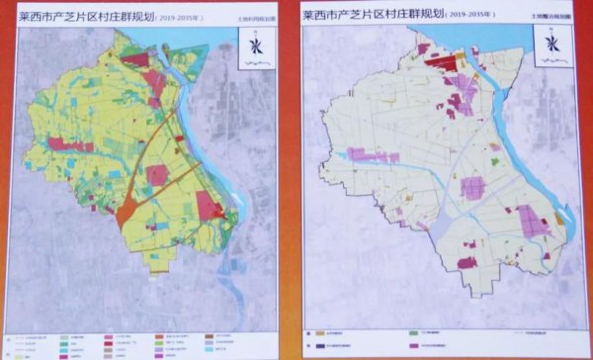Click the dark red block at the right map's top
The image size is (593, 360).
click(x=444, y=64)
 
